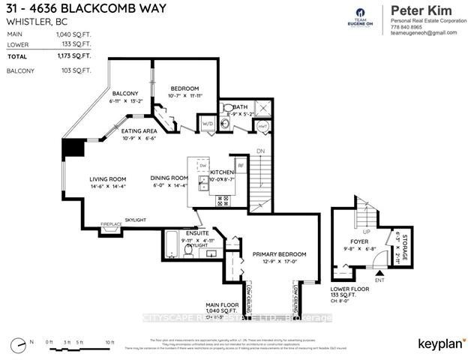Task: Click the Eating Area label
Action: (x=139, y=130)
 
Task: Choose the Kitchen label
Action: (x=223, y=172)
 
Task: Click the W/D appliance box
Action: (x=207, y=124)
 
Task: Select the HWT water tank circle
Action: (x=262, y=125)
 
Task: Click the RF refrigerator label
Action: (x=241, y=163)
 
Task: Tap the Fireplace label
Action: (x=111, y=224)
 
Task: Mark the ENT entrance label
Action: (x=379, y=280)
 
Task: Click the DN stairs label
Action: (x=260, y=151)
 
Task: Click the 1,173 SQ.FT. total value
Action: (x=77, y=56)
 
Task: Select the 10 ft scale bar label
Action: (x=109, y=343)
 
